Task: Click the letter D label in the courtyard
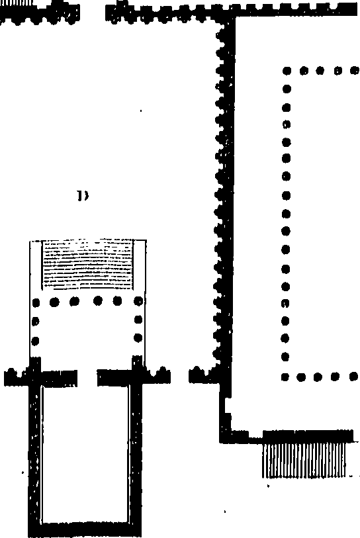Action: click(82, 196)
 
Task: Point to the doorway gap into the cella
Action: click(87, 378)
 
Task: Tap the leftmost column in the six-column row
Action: click(35, 303)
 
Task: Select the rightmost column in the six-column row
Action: click(138, 302)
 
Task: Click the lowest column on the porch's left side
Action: click(35, 341)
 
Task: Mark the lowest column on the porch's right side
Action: click(138, 338)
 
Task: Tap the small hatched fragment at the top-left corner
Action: click(16, 3)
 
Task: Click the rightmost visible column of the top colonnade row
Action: click(355, 71)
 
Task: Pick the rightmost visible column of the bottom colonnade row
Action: click(354, 377)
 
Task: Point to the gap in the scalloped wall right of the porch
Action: click(180, 376)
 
